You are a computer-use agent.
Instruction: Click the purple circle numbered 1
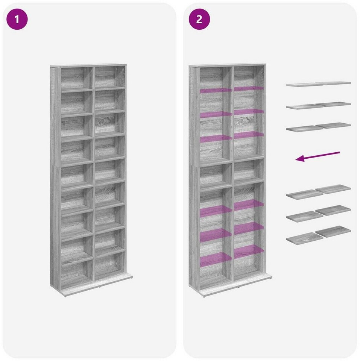point(17,19)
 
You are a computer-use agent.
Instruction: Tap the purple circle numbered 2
point(199,19)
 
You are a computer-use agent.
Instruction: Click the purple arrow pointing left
point(317,156)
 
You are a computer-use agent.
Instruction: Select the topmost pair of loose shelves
point(319,84)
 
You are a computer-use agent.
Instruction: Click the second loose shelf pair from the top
point(319,105)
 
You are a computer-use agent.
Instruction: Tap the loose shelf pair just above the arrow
point(319,127)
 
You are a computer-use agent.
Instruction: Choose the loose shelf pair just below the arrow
point(319,192)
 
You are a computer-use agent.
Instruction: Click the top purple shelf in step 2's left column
point(216,91)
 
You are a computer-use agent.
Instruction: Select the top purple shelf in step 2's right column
point(249,88)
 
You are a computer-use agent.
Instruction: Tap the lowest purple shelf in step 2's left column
point(216,259)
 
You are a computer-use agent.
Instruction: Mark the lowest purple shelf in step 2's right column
point(249,252)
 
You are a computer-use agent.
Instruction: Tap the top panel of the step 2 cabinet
point(227,65)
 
